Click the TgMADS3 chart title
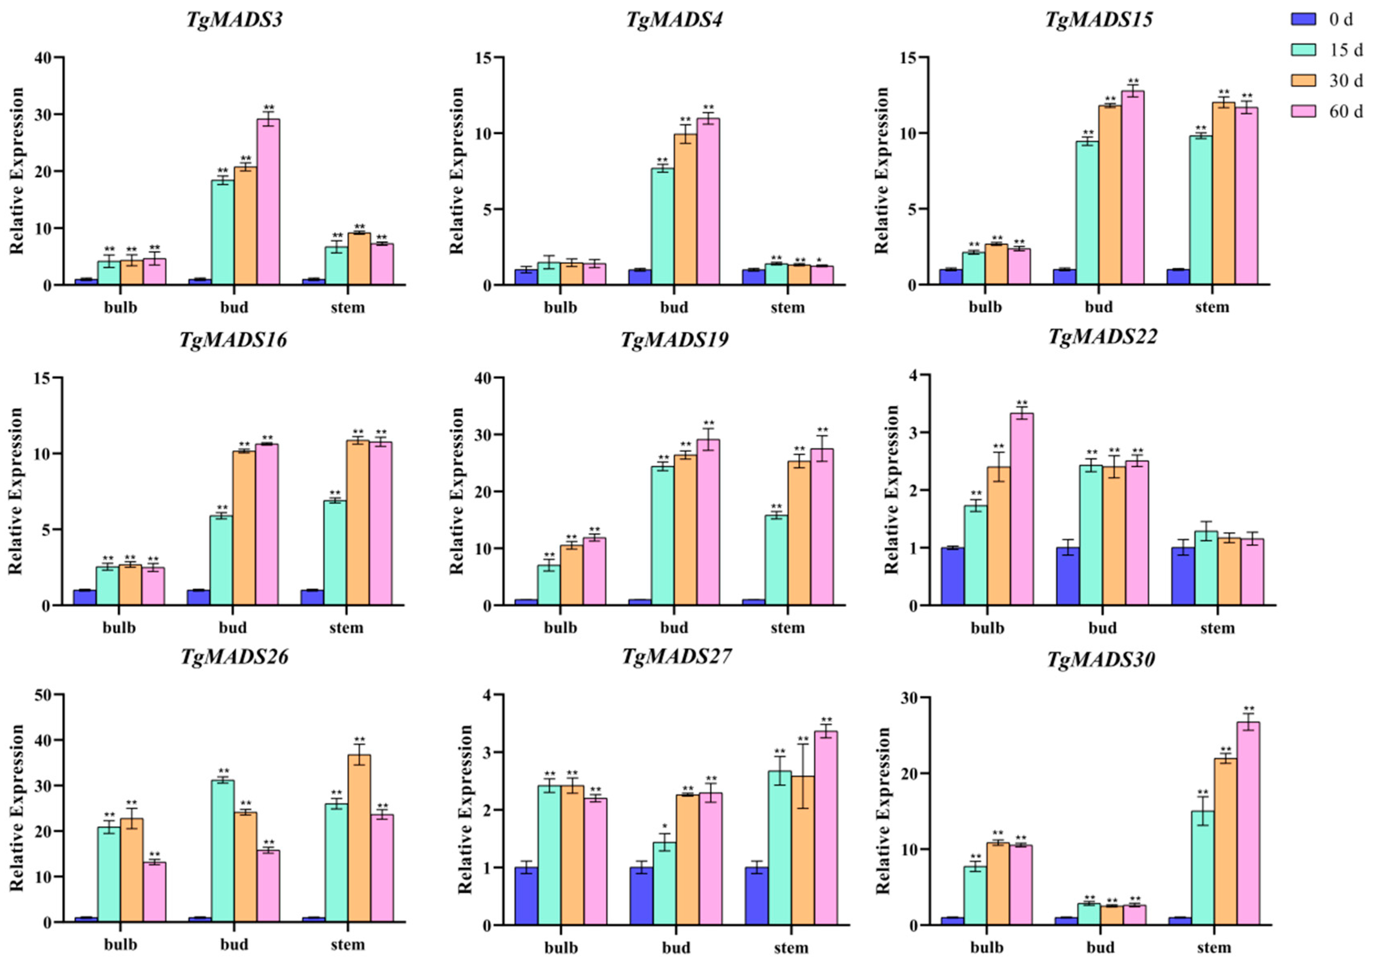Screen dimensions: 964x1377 [x=234, y=20]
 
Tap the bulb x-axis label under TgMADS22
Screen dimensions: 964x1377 [x=987, y=628]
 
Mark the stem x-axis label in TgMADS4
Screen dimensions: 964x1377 [x=787, y=308]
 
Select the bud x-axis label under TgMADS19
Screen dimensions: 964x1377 [x=674, y=628]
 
